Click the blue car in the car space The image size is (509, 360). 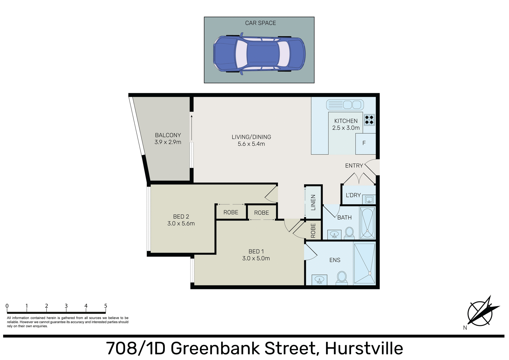coord(259,54)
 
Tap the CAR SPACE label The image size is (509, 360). coord(260,23)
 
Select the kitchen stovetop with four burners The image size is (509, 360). coord(369,120)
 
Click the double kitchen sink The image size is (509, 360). coord(345,105)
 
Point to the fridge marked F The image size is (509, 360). coord(365,144)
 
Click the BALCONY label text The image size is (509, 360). coord(168,135)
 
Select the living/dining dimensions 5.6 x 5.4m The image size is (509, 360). coord(251,144)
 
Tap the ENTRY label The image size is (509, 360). coord(354,166)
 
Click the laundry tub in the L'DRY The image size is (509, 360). coord(369,199)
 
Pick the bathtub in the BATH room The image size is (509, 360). coord(367,223)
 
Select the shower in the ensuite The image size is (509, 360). coord(365,263)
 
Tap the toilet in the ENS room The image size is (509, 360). coord(342,277)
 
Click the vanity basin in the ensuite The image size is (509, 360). coord(319,280)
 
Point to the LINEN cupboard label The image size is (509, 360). coord(313,202)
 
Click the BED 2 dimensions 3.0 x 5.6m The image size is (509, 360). coord(181,224)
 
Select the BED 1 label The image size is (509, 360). coord(256,251)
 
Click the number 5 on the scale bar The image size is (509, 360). coord(106,306)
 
